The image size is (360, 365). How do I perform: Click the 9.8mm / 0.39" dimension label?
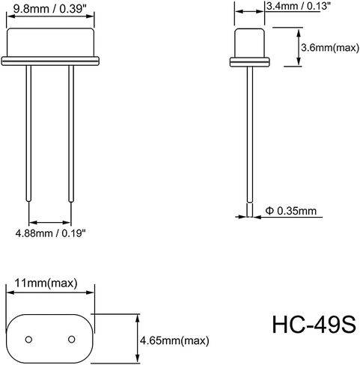49,9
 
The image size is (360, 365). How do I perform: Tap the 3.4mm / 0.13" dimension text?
296,6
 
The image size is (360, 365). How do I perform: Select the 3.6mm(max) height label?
330,47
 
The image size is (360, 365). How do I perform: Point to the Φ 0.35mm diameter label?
291,211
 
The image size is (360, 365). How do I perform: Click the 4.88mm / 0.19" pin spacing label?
51,233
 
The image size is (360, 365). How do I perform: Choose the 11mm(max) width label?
46,283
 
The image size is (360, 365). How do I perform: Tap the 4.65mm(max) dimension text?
174,340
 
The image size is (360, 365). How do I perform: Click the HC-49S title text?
314,325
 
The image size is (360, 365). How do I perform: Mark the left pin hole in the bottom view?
28,340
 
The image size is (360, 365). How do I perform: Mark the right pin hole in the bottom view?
72,340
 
